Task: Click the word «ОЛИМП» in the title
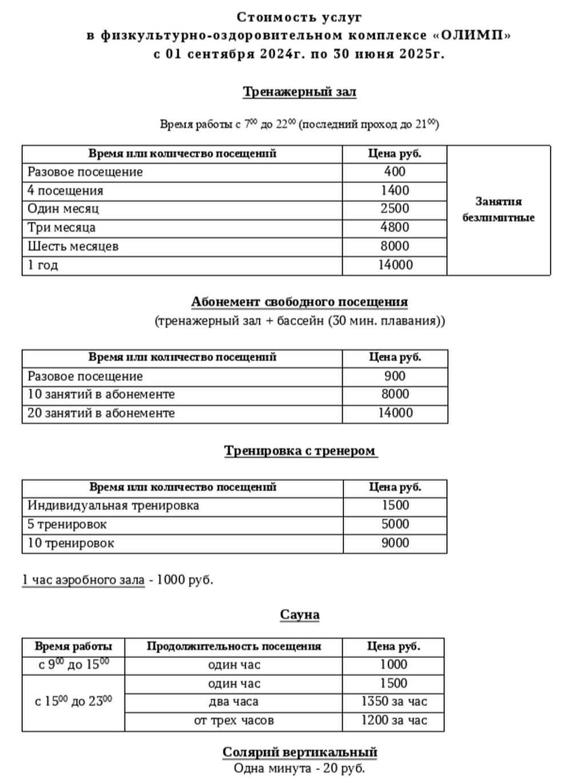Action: point(471,35)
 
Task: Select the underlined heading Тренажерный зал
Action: point(299,92)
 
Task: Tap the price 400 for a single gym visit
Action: point(395,171)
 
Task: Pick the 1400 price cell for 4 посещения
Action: point(395,190)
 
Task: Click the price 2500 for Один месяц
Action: point(395,209)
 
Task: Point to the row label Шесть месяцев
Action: point(73,246)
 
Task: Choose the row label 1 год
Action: point(43,265)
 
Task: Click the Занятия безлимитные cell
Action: point(498,209)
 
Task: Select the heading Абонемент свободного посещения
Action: point(299,302)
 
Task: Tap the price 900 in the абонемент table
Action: point(395,376)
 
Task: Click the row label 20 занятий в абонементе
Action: point(101,413)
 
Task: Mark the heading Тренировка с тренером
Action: point(300,451)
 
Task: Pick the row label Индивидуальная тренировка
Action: point(113,506)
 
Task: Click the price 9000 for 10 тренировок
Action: point(395,543)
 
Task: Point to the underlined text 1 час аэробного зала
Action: point(83,580)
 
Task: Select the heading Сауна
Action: point(299,615)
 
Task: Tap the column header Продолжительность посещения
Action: point(234,647)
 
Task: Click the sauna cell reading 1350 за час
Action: point(394,702)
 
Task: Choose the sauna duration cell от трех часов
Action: point(234,721)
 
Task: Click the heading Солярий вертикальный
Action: point(299,752)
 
